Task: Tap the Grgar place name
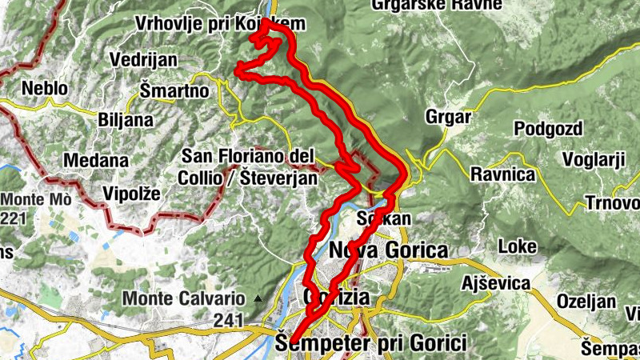(449, 117)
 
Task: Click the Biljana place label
(124, 120)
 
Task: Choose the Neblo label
(46, 88)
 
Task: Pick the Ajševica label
(496, 283)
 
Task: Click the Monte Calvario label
(185, 299)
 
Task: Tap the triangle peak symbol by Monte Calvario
(258, 298)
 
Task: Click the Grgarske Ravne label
(437, 5)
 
